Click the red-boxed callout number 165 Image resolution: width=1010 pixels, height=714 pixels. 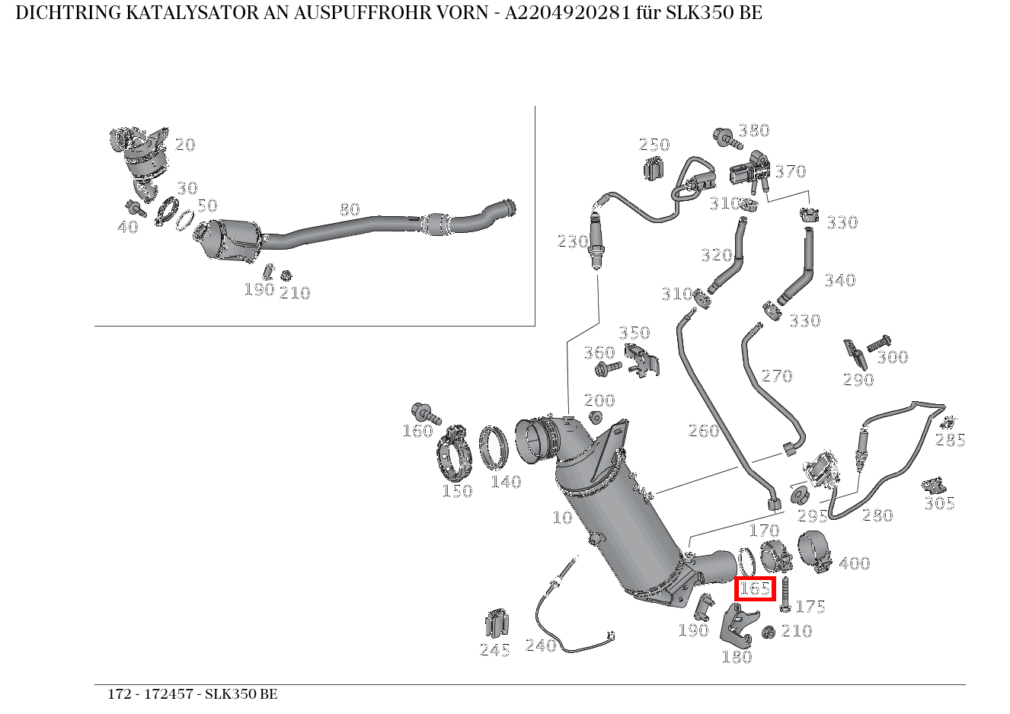click(755, 588)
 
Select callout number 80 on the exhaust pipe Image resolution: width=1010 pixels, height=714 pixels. click(349, 209)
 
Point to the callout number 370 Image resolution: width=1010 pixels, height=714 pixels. click(790, 171)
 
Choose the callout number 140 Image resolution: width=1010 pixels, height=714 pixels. click(506, 481)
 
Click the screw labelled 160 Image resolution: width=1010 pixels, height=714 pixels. click(425, 413)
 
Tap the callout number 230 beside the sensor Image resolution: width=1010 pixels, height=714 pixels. click(573, 242)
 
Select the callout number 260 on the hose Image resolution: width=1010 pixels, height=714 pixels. click(704, 431)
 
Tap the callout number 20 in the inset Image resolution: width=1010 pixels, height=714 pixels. click(185, 145)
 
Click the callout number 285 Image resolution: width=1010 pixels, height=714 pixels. click(951, 439)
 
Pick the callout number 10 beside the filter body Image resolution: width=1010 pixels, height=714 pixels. click(562, 518)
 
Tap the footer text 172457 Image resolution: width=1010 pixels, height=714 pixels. click(168, 694)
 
